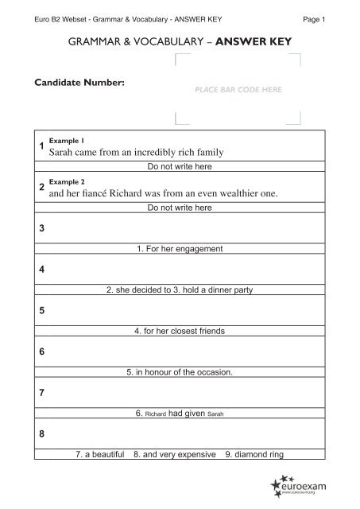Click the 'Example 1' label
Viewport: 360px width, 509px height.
click(61, 139)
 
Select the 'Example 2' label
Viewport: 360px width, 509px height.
click(61, 181)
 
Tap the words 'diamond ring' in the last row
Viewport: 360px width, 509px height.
click(259, 455)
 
